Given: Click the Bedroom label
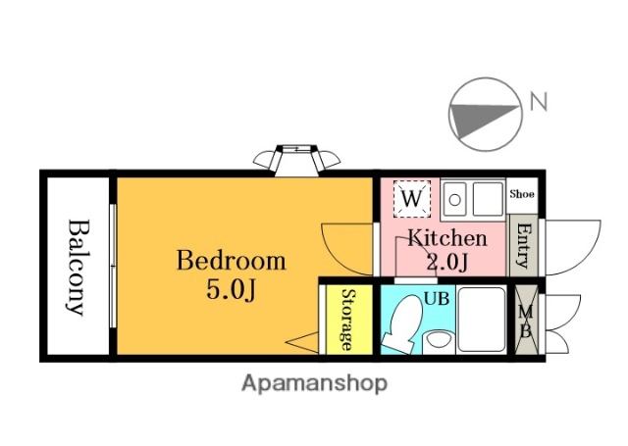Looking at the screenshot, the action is [232, 261].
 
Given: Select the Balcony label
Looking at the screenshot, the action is [76, 268].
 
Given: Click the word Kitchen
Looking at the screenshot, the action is [447, 237].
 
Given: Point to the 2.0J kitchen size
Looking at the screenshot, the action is [447, 262].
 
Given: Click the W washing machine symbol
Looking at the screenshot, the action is [412, 199].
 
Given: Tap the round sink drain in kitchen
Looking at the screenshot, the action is [454, 199].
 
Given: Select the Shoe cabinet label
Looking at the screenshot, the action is [522, 194].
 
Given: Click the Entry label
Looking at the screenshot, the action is [523, 246].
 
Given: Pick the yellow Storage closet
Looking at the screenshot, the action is [349, 320].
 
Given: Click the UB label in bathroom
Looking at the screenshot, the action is [437, 298].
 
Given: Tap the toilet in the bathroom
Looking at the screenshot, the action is [402, 324].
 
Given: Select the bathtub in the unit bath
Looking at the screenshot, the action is [482, 320].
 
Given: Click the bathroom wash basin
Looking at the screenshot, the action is [439, 342].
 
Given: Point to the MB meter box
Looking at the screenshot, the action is [526, 320].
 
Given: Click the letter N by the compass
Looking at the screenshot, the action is [539, 101].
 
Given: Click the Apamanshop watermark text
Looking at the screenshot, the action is [314, 384].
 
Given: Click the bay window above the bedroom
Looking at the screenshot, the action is [296, 160].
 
